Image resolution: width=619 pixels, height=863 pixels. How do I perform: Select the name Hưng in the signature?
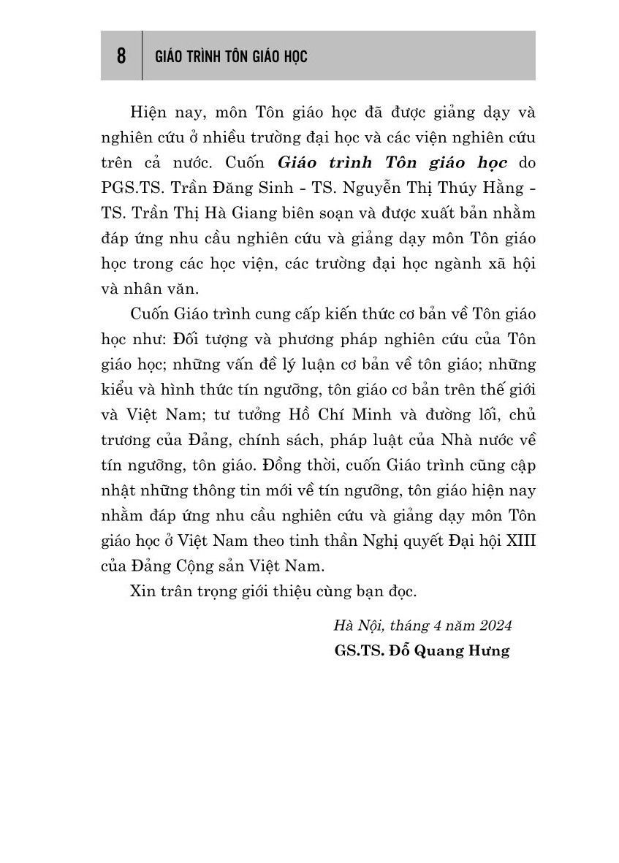tap(489, 650)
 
